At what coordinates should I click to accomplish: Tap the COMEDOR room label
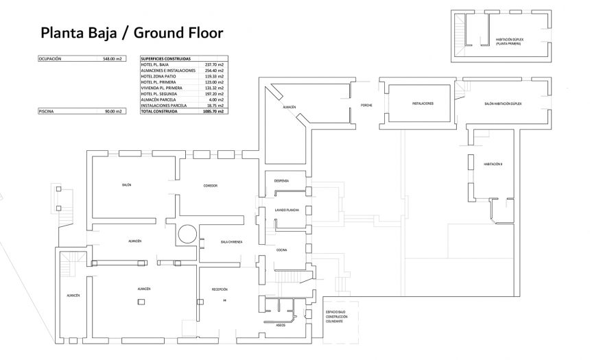(210, 186)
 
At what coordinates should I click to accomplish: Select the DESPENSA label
(281, 181)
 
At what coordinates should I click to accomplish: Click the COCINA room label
(281, 250)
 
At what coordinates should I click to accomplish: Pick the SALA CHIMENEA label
(231, 242)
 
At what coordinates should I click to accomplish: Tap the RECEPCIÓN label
(220, 289)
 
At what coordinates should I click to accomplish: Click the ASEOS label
(281, 325)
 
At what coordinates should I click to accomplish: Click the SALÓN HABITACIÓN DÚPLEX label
(503, 104)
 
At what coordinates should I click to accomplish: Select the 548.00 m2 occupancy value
(112, 59)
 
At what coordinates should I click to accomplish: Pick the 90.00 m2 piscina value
(113, 111)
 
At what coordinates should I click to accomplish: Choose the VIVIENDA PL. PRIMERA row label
(162, 88)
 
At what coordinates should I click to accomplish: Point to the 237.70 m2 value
(215, 64)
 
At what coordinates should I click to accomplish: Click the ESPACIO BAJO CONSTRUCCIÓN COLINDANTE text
(338, 317)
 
